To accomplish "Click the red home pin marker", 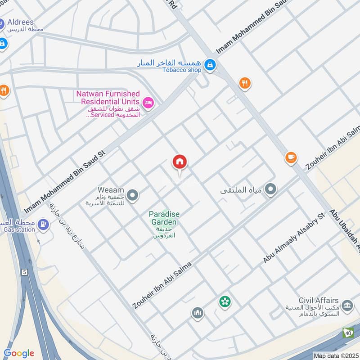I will (180, 162).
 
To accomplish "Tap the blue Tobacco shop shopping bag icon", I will (209, 66).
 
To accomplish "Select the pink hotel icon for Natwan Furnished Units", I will (148, 103).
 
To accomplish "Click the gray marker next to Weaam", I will (132, 195).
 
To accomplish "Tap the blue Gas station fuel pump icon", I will (43, 223).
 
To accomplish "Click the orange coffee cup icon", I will (291, 157).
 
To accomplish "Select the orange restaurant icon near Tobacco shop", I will (244, 83).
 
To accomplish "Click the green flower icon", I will (225, 301).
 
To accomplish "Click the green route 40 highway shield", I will (347, 333).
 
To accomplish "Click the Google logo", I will (19, 353).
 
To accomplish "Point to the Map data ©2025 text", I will (335, 355).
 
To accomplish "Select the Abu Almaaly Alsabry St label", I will (294, 238).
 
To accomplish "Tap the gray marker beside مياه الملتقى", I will (270, 190).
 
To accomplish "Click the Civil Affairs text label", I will (319, 300).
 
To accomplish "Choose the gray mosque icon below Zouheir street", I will (197, 313).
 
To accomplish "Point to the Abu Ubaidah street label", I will (345, 229).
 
